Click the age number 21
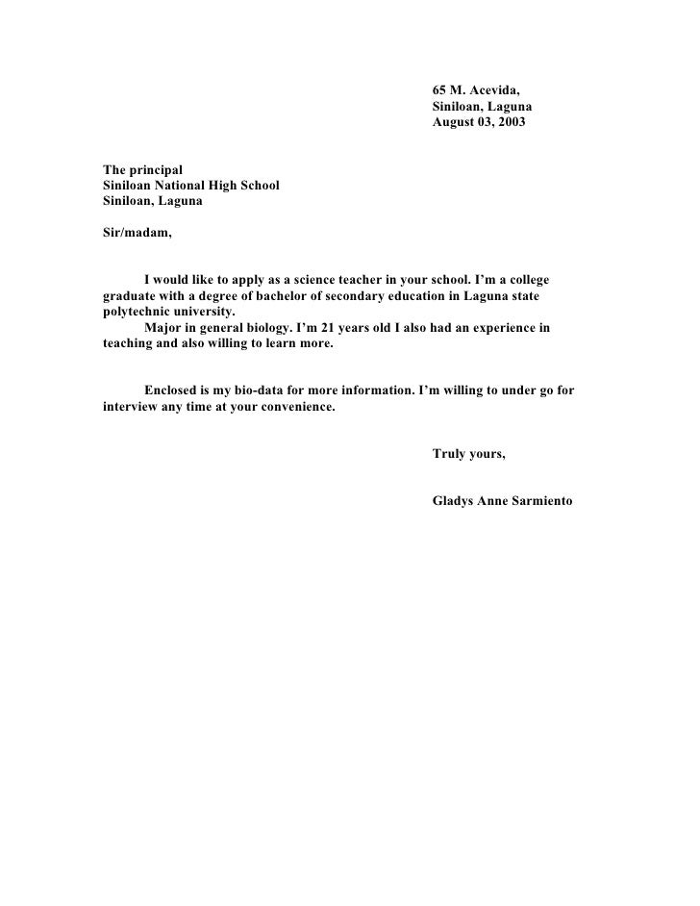pos(332,328)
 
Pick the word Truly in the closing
pos(449,454)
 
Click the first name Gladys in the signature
pos(453,500)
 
